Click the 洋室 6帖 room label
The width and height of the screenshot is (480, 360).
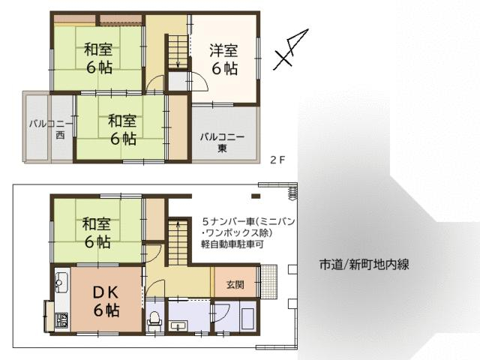point(224,59)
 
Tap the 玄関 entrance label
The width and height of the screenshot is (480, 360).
point(235,285)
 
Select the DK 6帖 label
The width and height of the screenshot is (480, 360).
point(106,301)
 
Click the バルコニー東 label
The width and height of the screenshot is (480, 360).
point(222,142)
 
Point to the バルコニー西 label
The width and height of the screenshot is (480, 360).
point(52,130)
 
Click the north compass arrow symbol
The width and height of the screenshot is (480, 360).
point(291,49)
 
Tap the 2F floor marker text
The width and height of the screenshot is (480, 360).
point(277,160)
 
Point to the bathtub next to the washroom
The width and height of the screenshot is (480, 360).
point(247,319)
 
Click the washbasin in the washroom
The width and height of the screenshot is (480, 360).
point(178,326)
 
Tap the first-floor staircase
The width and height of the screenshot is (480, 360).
point(178,241)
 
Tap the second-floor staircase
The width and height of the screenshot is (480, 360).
point(178,52)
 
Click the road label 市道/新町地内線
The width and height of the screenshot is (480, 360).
point(364,265)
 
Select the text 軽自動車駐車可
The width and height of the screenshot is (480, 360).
point(232,245)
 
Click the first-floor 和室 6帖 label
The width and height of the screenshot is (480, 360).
point(97,233)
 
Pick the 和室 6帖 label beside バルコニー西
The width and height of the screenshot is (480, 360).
point(123,130)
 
